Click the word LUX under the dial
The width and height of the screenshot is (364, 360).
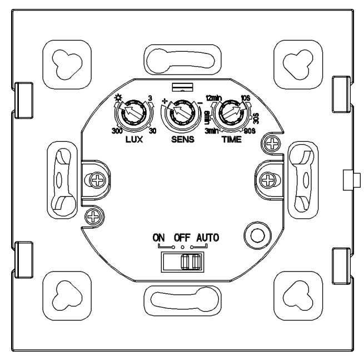point(133,141)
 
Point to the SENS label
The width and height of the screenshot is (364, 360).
point(182,141)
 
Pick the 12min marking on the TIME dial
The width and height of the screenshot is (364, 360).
point(214,97)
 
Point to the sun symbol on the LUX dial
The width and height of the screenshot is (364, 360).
point(117,98)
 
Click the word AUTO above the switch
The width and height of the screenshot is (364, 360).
point(207,238)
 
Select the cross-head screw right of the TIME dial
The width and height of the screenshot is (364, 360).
point(272,144)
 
